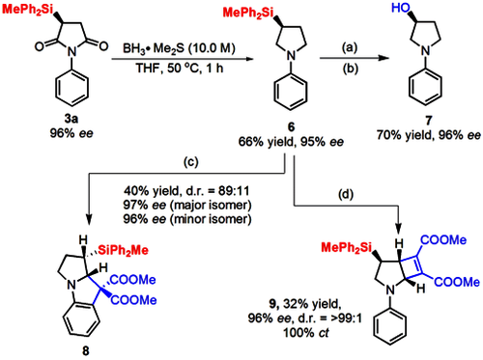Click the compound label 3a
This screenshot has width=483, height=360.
[x=71, y=119]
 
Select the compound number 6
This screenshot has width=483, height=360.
[x=291, y=127]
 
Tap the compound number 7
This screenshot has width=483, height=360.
[x=428, y=121]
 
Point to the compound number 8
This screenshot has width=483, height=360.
[x=85, y=350]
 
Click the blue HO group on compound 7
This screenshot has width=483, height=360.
[x=401, y=8]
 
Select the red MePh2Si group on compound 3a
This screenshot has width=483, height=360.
[x=27, y=10]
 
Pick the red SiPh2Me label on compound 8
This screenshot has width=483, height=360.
[x=124, y=250]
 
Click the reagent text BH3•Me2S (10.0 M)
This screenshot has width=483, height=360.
[x=179, y=48]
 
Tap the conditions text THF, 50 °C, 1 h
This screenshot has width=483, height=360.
[x=180, y=68]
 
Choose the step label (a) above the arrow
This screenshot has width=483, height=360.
[x=350, y=47]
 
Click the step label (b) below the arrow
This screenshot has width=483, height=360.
[x=350, y=69]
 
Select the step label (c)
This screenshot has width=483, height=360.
[x=190, y=162]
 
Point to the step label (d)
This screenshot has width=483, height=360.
[x=345, y=194]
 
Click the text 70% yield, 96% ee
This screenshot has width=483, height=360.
[x=429, y=135]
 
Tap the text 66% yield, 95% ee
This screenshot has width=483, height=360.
[x=291, y=142]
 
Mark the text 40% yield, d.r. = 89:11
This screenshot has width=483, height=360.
[x=186, y=191]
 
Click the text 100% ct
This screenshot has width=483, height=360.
[x=306, y=332]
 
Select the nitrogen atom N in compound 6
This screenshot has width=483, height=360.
[x=291, y=56]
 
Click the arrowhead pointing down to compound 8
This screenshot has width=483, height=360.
[x=89, y=220]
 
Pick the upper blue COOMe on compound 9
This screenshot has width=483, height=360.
[x=443, y=239]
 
